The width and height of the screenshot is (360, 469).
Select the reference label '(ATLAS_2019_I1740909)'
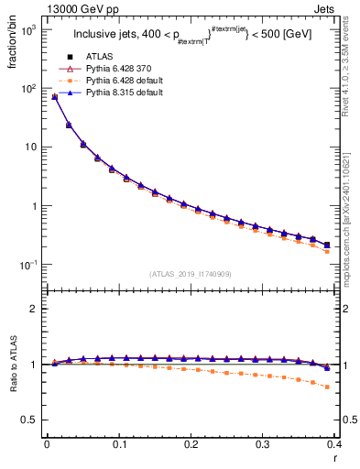[191, 274]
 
